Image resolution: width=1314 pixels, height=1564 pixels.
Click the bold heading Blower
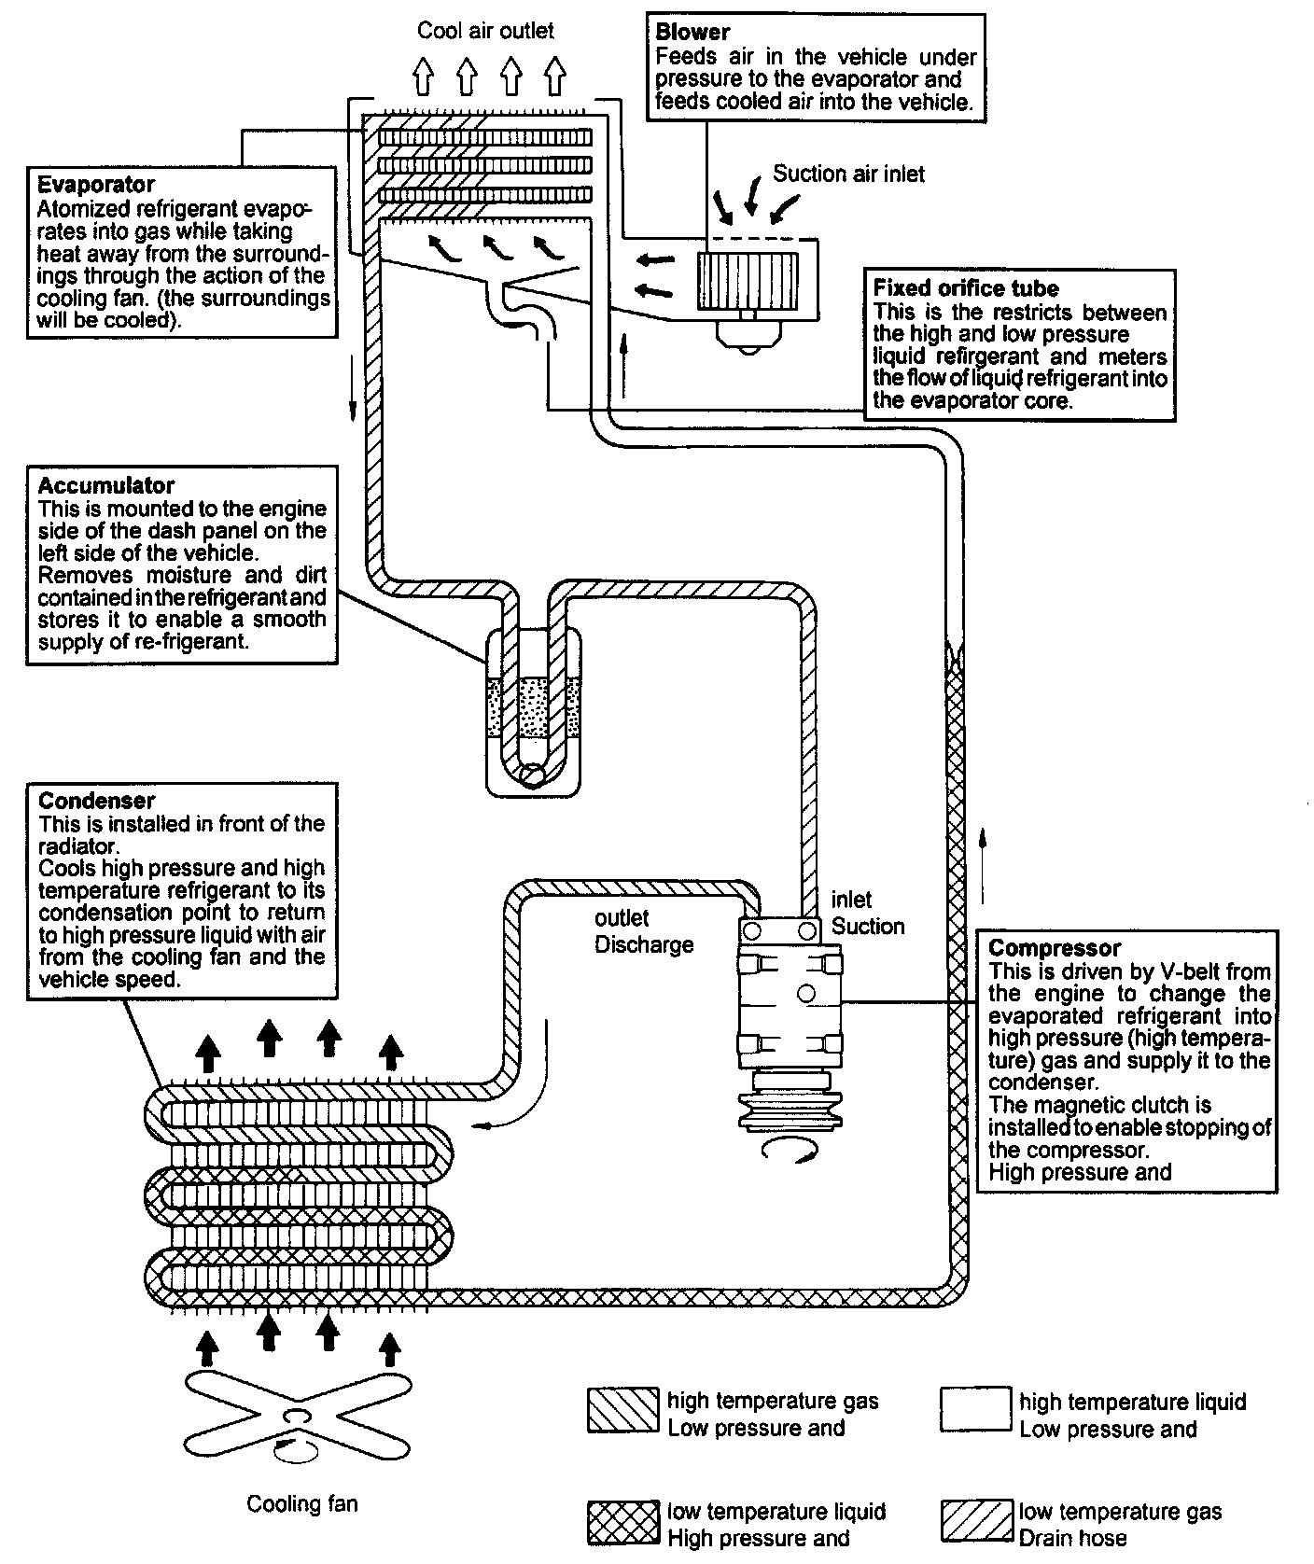click(692, 33)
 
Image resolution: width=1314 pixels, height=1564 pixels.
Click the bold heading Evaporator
click(96, 184)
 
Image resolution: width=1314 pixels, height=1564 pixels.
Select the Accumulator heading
click(106, 485)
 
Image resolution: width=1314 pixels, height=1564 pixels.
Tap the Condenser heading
click(97, 801)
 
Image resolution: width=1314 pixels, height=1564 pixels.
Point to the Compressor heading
click(1055, 948)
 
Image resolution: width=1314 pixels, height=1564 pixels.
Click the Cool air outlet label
click(485, 31)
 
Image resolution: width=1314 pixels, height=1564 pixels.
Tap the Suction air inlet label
click(848, 174)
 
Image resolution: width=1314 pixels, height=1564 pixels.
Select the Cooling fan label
click(302, 1503)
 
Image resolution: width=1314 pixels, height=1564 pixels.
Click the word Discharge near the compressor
click(644, 944)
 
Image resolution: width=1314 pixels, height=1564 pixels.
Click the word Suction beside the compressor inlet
click(868, 926)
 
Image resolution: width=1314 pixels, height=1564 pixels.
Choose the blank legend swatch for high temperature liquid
click(976, 1409)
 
